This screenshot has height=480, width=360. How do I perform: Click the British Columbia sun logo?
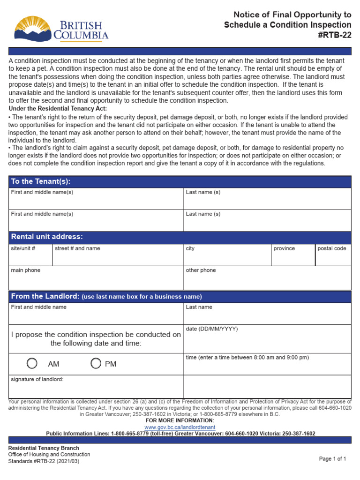[33, 29]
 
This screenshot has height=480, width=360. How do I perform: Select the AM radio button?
[32, 363]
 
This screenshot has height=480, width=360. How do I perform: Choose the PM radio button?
[96, 363]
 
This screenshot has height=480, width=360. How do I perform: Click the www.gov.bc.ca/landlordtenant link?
[180, 427]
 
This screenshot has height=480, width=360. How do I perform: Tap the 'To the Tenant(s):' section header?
[41, 181]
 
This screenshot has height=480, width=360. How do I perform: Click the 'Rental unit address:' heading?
[47, 237]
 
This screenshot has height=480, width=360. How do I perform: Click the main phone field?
[96, 280]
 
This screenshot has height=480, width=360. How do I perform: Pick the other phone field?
[267, 280]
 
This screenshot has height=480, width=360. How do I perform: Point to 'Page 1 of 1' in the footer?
[332, 459]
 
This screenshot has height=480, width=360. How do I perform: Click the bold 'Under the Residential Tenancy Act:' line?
[58, 109]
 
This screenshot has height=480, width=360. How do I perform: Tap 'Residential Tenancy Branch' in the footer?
[44, 448]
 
